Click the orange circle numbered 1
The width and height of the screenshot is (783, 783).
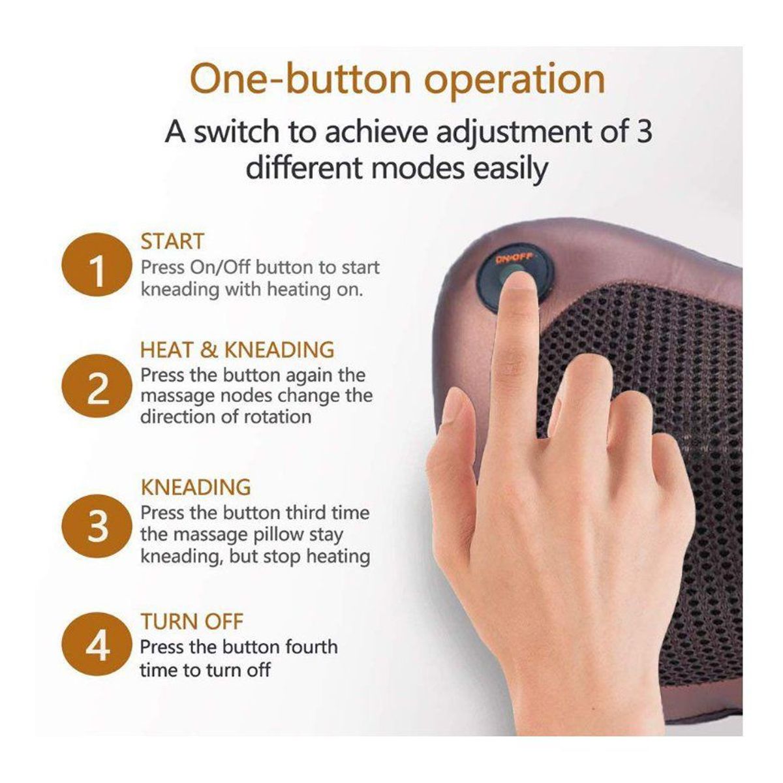point(97,264)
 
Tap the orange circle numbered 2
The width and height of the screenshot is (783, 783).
point(97,386)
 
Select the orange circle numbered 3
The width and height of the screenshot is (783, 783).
point(97,526)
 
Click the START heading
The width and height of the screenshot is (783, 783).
point(172,241)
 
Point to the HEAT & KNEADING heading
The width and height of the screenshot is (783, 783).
point(238,350)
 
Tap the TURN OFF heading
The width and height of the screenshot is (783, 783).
point(192,621)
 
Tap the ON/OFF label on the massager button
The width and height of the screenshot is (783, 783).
point(515,258)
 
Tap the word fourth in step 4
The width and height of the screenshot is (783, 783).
point(311,647)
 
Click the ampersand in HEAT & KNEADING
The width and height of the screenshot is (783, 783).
point(209,350)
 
